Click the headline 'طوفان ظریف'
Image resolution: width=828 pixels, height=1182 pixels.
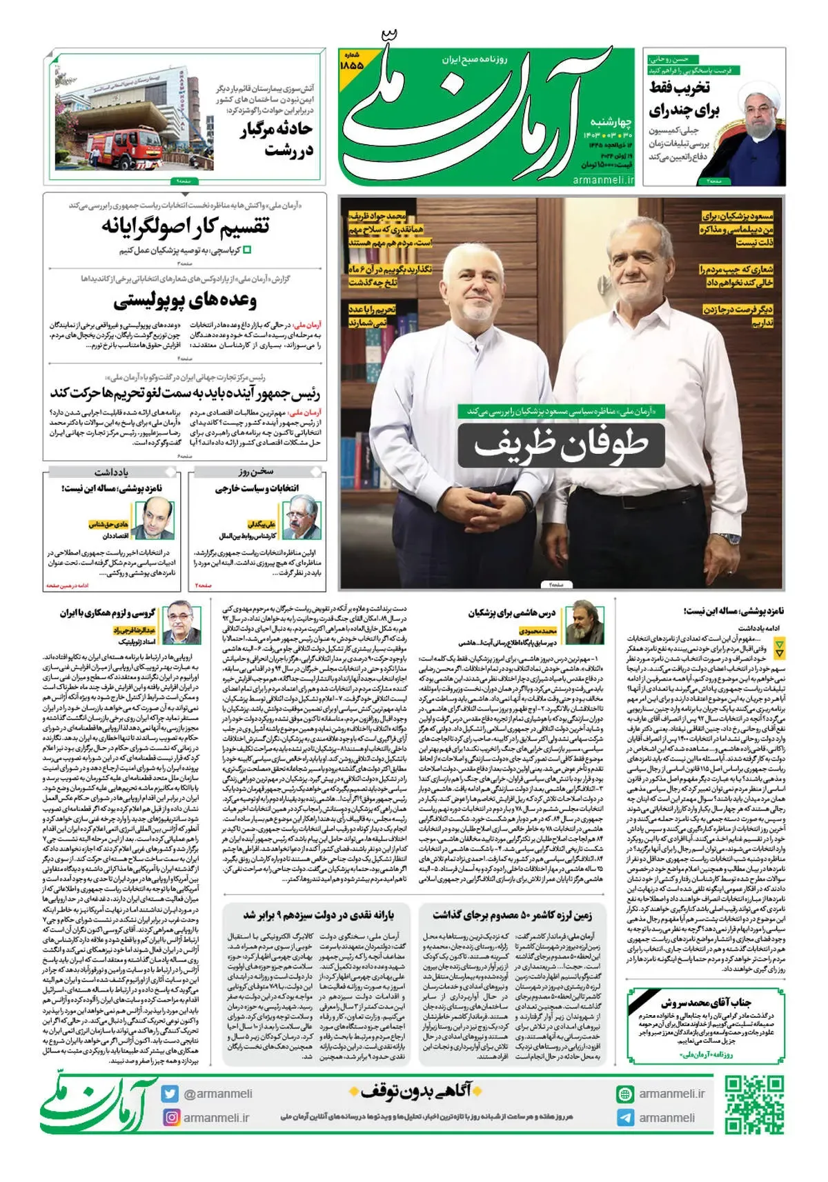560,445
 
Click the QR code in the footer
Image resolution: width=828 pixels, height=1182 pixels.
753,1104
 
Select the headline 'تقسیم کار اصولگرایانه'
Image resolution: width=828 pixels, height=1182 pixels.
185,226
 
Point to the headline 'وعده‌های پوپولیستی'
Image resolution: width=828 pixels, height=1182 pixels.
185,301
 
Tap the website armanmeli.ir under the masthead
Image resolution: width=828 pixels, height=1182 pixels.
602,179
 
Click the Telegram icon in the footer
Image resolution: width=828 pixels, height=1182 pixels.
625,1117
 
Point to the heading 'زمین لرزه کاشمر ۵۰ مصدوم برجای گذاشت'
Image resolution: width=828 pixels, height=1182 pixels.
512,915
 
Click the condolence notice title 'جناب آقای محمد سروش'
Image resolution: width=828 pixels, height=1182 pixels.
706,1002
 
